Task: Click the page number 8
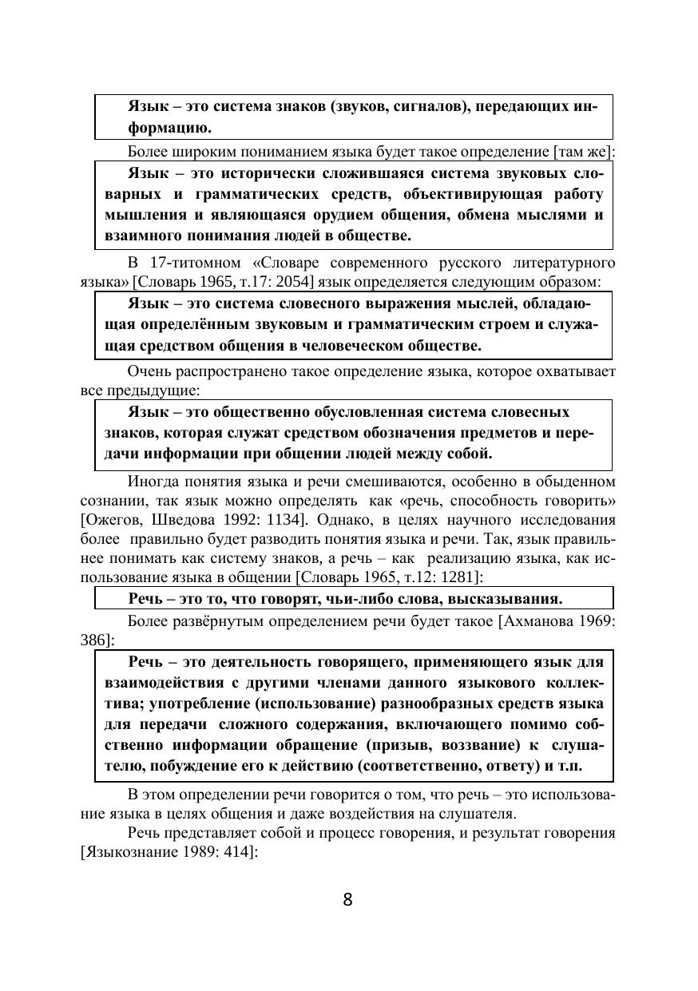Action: [347, 900]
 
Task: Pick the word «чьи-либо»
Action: [347, 598]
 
